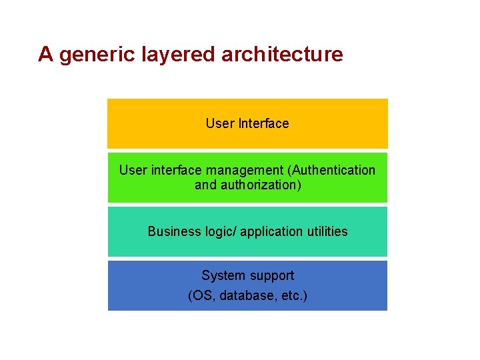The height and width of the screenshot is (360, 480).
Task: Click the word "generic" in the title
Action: pos(97,54)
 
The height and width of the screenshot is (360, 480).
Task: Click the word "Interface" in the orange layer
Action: pos(263,123)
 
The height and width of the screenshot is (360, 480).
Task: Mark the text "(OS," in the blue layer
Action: pos(201,295)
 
